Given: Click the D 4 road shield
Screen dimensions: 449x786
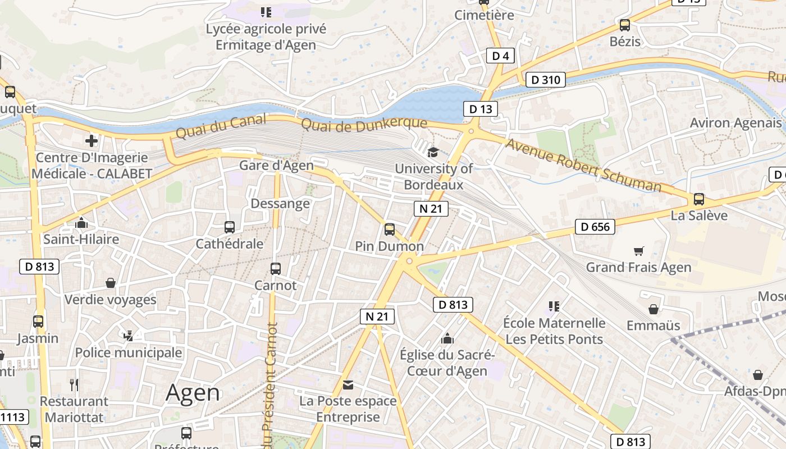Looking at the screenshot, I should (x=500, y=56).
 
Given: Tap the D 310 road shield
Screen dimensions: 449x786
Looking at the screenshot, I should (x=545, y=80).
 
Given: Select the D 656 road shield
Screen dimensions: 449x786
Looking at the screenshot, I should (x=595, y=227).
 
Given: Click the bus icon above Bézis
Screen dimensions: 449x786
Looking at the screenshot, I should (x=624, y=25).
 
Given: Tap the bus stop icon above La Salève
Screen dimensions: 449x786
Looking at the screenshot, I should (x=698, y=199).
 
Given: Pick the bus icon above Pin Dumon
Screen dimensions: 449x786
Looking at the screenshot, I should (x=389, y=229).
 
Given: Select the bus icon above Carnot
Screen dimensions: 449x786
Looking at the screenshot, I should (x=275, y=268).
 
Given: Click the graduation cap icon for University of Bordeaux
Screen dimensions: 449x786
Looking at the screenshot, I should (x=433, y=152).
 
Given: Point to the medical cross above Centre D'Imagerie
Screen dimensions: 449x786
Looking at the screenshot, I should (x=92, y=140).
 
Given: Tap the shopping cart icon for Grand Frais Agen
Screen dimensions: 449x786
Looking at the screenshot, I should (x=638, y=250).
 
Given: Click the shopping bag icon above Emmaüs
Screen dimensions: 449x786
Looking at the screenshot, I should (x=653, y=309).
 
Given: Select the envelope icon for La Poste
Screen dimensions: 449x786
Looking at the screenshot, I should (x=348, y=384).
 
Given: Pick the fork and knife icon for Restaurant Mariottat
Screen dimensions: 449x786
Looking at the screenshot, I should (x=74, y=384).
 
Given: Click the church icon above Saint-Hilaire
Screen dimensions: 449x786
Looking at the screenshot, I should (x=81, y=223).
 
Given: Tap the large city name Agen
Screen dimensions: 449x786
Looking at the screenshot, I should (x=193, y=393).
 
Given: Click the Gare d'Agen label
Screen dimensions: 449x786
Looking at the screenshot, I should (x=276, y=165).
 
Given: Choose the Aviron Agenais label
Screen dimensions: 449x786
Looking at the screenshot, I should (x=735, y=123).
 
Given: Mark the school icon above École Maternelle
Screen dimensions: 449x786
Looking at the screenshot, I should (x=554, y=306).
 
